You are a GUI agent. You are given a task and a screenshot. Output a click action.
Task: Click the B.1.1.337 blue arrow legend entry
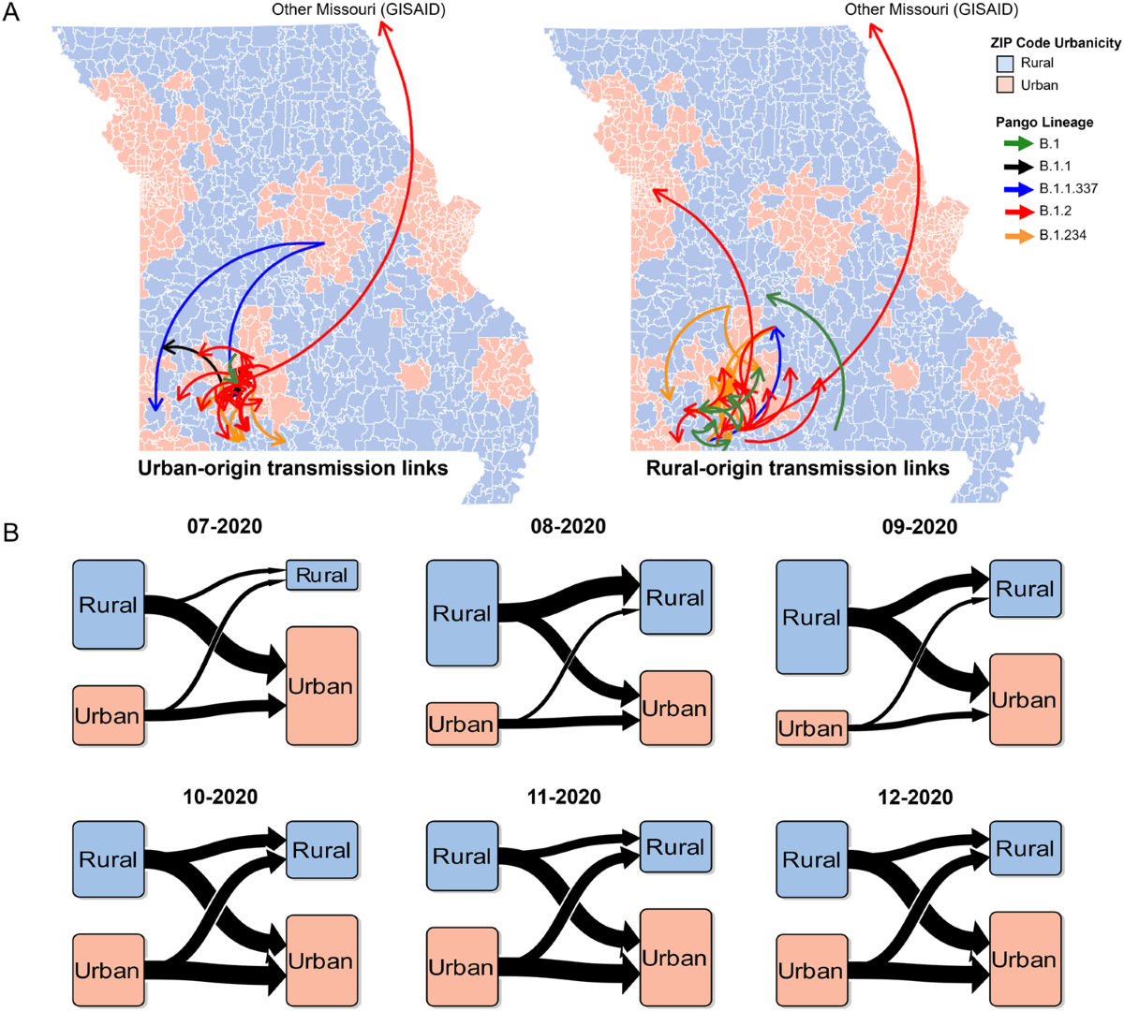tap(1018, 189)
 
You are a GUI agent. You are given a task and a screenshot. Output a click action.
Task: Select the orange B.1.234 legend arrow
tap(1018, 235)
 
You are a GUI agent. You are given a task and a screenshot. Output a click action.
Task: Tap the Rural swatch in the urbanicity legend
tap(1004, 64)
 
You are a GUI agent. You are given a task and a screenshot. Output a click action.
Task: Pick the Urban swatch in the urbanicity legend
tap(1004, 85)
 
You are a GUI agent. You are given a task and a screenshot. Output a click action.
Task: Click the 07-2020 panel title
tap(225, 526)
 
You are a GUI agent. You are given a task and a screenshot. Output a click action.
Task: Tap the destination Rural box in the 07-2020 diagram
tap(321, 576)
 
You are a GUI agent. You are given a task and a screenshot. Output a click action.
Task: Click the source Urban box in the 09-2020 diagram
tap(812, 728)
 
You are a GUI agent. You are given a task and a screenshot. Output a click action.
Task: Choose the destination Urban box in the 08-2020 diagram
tap(675, 709)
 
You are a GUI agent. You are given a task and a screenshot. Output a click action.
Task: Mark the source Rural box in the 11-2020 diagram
tap(462, 857)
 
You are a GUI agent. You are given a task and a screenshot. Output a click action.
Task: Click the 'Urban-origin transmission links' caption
tap(293, 468)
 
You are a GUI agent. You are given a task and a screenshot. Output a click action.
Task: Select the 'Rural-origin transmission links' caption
tap(798, 468)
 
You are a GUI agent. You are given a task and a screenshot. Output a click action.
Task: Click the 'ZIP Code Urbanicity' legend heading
tap(1056, 43)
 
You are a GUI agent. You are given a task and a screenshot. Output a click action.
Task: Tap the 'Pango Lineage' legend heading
tap(1044, 123)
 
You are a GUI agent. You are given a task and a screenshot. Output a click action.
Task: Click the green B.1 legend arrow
tap(1018, 144)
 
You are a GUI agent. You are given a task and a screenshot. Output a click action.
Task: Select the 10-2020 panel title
tap(221, 798)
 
